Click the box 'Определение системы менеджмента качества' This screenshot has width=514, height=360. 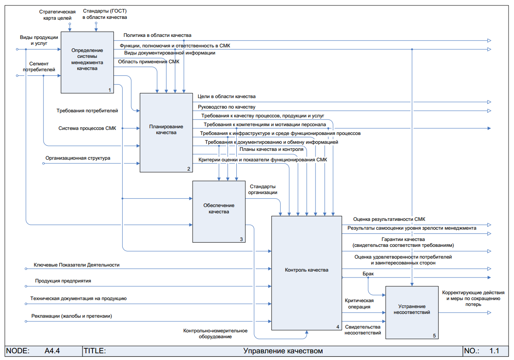87,62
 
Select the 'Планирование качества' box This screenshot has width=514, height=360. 166,132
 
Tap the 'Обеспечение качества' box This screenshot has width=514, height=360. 219,211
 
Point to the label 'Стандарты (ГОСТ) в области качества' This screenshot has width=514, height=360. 105,14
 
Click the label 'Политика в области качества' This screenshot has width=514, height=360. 157,36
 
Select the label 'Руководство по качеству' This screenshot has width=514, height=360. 226,107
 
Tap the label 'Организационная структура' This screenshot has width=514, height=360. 78,158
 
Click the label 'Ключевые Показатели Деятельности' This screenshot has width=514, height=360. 77,265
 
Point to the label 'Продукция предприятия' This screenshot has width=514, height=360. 63,281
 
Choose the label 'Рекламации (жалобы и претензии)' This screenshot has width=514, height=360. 72,316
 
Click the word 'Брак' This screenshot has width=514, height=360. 368,274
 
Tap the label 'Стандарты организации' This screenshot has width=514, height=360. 263,189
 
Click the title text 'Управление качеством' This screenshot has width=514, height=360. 283,351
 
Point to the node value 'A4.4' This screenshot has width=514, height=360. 52,351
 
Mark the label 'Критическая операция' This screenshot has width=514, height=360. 359,303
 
